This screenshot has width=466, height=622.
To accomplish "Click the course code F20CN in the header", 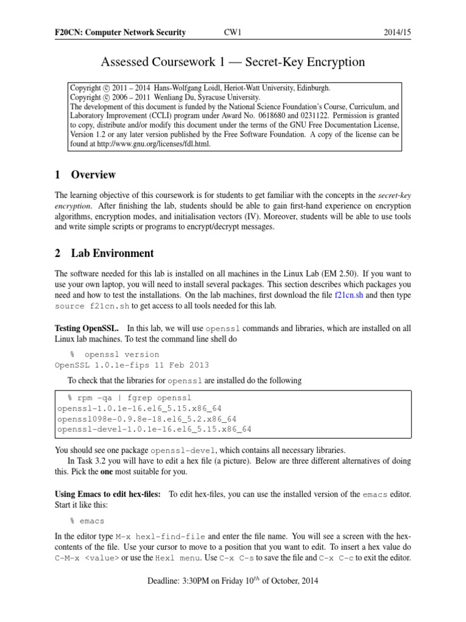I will click(69, 32).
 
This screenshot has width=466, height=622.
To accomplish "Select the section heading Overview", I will click(93, 175).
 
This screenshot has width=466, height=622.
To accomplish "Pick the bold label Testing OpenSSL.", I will click(91, 328).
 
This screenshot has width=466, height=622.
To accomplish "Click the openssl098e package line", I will click(146, 419).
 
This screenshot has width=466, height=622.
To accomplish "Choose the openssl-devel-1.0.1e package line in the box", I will click(154, 429).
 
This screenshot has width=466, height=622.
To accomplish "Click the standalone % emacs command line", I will click(87, 521).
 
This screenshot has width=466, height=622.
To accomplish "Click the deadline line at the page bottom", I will click(232, 581).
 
